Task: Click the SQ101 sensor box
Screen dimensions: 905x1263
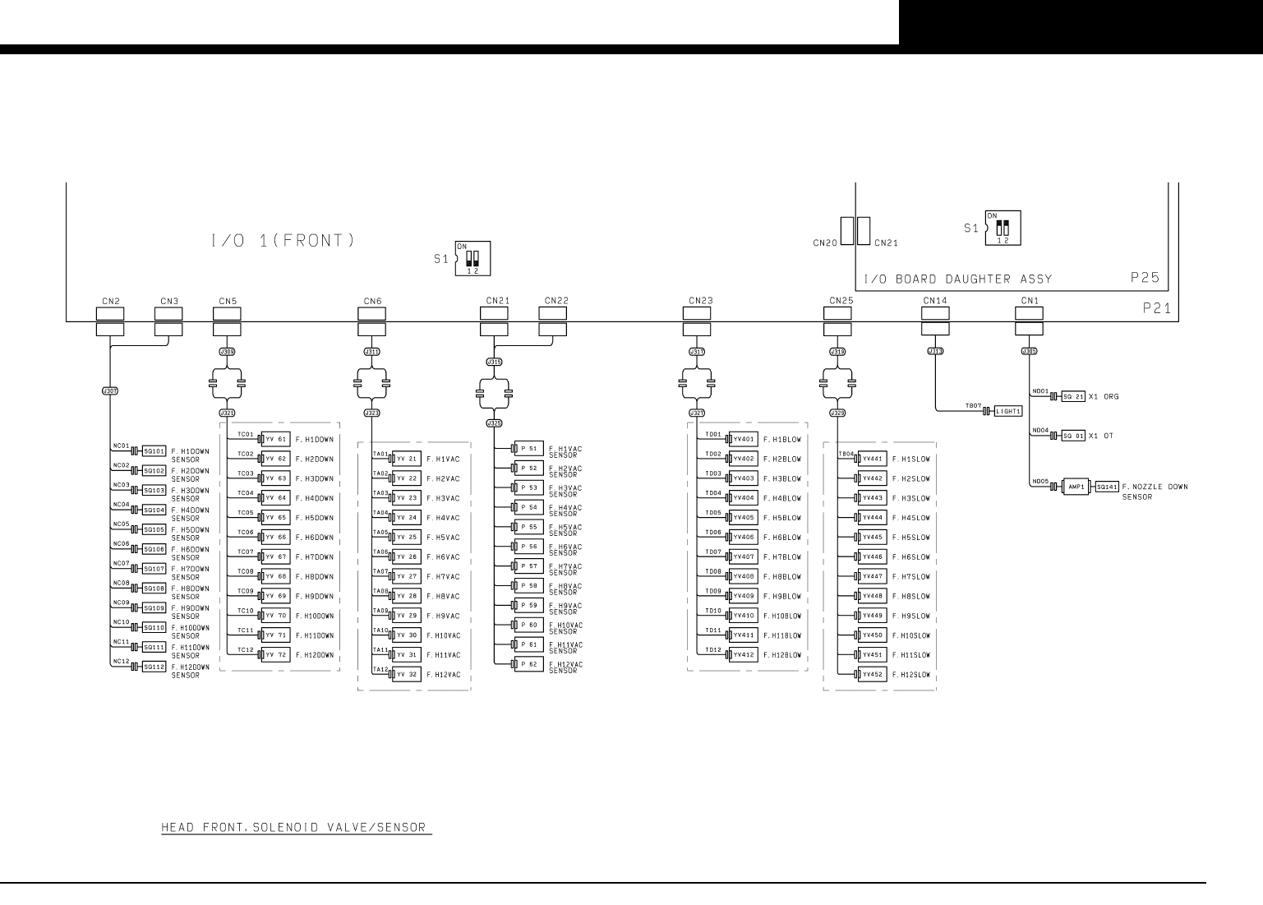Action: [154, 451]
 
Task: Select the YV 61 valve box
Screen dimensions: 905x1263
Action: [274, 439]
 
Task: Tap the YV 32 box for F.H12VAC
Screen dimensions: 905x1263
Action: [407, 675]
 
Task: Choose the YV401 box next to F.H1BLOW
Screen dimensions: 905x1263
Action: [744, 439]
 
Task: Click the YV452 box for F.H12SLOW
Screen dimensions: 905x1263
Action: [872, 675]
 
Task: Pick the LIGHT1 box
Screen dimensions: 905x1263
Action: [1007, 411]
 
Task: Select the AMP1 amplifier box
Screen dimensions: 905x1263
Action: [1076, 487]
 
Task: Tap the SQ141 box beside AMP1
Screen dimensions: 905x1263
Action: [1107, 487]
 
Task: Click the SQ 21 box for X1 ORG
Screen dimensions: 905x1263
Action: [1074, 396]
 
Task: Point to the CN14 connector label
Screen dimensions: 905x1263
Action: [935, 301]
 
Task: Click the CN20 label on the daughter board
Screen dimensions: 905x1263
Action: [825, 243]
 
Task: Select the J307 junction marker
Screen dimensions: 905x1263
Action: [109, 391]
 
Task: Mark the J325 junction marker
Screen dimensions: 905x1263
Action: [494, 423]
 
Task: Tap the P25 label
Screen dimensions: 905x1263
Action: [1145, 278]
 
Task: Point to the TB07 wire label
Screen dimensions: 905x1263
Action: [973, 405]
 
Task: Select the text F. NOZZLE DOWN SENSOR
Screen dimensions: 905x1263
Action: [1154, 492]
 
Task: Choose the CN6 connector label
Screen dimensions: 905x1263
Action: [372, 301]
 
